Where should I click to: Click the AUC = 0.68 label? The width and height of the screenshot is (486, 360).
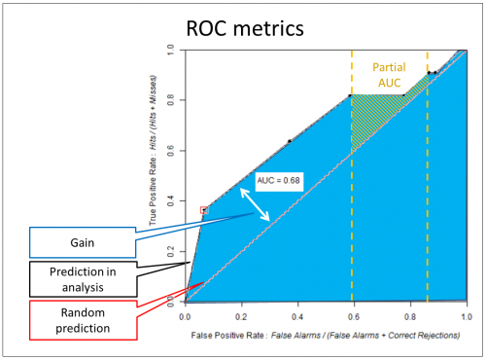tap(277, 180)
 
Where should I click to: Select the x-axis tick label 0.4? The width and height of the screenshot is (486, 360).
tap(297, 316)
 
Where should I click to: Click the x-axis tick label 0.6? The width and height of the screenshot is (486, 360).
tap(354, 316)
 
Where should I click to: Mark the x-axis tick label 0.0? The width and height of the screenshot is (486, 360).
tap(185, 316)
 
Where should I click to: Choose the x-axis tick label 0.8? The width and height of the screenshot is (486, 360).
tap(410, 316)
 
